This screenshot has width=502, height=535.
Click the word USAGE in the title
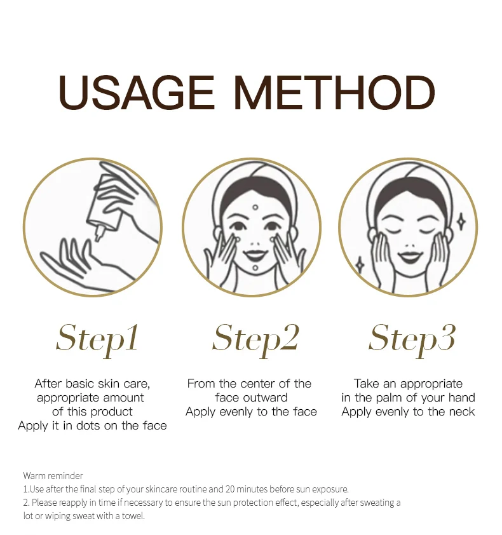[137, 93]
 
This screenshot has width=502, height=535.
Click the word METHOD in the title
[335, 93]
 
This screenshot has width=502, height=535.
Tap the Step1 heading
[97, 339]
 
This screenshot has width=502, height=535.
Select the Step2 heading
[255, 339]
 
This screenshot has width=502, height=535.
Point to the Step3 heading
[412, 339]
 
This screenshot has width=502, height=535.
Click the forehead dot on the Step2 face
[255, 207]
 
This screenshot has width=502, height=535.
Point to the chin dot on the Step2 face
[255, 268]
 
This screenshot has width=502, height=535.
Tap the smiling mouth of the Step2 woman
[255, 254]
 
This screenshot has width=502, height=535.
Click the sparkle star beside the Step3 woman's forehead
[461, 222]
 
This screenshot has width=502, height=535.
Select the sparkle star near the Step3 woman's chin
[360, 265]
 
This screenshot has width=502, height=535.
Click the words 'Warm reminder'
[53, 476]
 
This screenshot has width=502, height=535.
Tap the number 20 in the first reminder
[229, 489]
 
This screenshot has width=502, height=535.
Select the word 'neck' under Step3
[461, 412]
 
